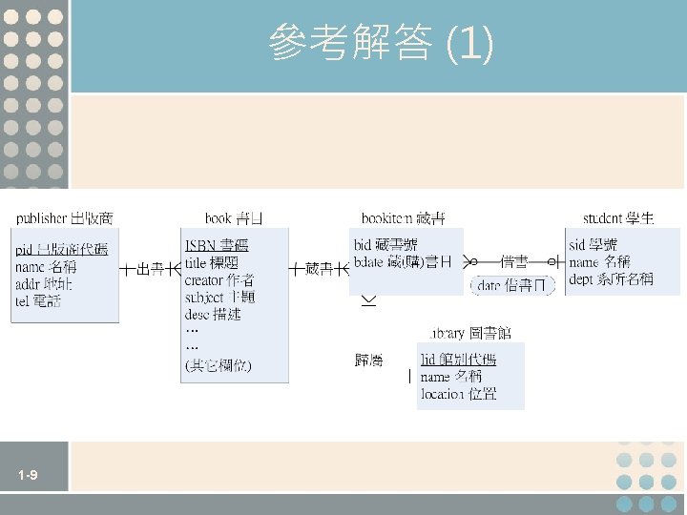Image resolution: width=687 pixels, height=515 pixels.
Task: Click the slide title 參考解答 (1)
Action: [381, 43]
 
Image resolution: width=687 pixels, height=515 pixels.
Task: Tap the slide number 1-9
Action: [27, 476]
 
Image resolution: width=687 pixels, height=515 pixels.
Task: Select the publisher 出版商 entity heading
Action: [64, 218]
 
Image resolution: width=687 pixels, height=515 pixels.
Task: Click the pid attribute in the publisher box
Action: [61, 250]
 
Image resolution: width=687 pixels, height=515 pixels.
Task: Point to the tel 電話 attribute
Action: [38, 301]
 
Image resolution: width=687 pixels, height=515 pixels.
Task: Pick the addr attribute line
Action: [44, 284]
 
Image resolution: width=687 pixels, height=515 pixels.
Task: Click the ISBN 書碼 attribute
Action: [217, 245]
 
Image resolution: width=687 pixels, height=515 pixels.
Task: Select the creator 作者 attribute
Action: [219, 279]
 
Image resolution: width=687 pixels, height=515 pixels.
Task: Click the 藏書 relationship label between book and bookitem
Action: [321, 270]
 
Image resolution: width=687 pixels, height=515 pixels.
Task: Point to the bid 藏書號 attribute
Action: [385, 245]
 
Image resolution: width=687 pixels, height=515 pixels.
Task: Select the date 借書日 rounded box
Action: [512, 285]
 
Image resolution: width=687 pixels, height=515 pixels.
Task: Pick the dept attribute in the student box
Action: [611, 279]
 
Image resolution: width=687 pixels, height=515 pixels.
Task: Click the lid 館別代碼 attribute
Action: [458, 360]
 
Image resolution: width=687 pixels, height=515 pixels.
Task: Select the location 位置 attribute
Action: [458, 394]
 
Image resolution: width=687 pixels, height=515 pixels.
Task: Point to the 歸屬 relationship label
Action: [368, 360]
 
